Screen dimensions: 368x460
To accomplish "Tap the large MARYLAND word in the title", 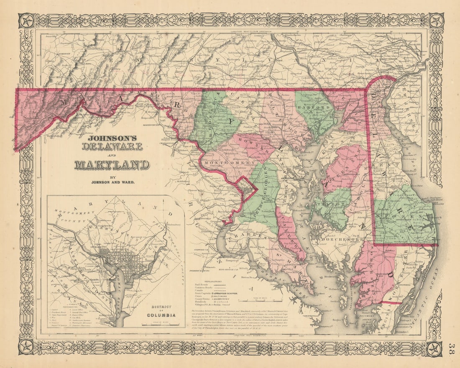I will [112, 164].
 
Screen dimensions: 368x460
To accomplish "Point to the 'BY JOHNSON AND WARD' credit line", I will [112, 179].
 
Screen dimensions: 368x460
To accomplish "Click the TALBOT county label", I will [335, 205].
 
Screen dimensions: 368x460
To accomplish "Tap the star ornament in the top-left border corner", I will [26, 20].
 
